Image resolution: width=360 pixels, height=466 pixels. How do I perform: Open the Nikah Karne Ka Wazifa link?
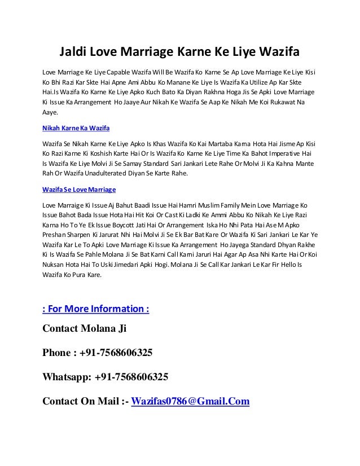pyautogui.click(x=76, y=128)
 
